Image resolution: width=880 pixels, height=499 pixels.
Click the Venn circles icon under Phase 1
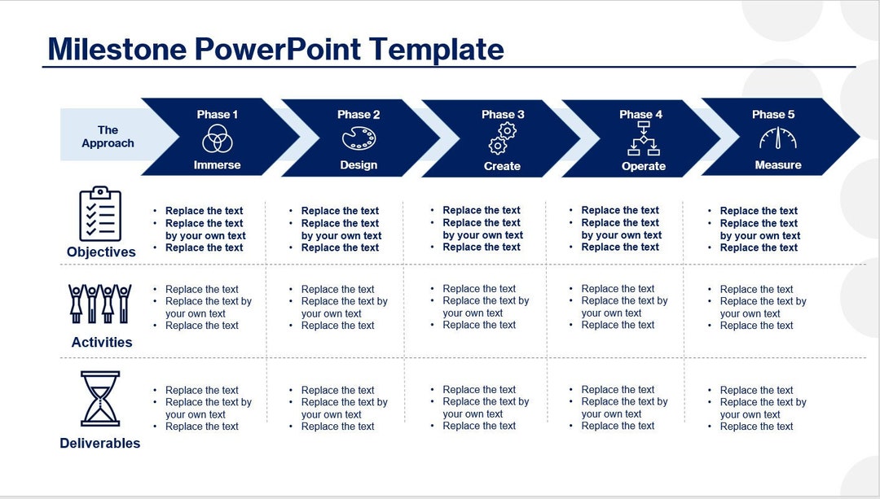218,139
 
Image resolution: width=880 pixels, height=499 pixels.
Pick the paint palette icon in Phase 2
359,139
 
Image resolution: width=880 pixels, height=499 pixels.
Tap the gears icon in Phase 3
502,139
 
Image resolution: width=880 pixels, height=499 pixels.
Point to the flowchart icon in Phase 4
643,139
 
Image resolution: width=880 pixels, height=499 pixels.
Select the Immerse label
218,165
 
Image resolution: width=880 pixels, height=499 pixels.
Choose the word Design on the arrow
359,165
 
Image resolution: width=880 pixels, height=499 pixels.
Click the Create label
502,166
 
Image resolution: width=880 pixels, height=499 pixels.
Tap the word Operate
644,166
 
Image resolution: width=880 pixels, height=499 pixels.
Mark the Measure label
777,165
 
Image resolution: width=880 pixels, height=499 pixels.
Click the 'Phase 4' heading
641,115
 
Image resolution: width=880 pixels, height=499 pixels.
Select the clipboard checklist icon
100,214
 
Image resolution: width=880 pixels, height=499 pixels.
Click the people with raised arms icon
100,304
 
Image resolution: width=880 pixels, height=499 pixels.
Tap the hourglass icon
100,398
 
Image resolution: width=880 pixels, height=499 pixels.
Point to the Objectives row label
101,252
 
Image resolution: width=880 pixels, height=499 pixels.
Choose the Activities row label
102,343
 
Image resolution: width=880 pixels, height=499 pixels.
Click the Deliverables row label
100,444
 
